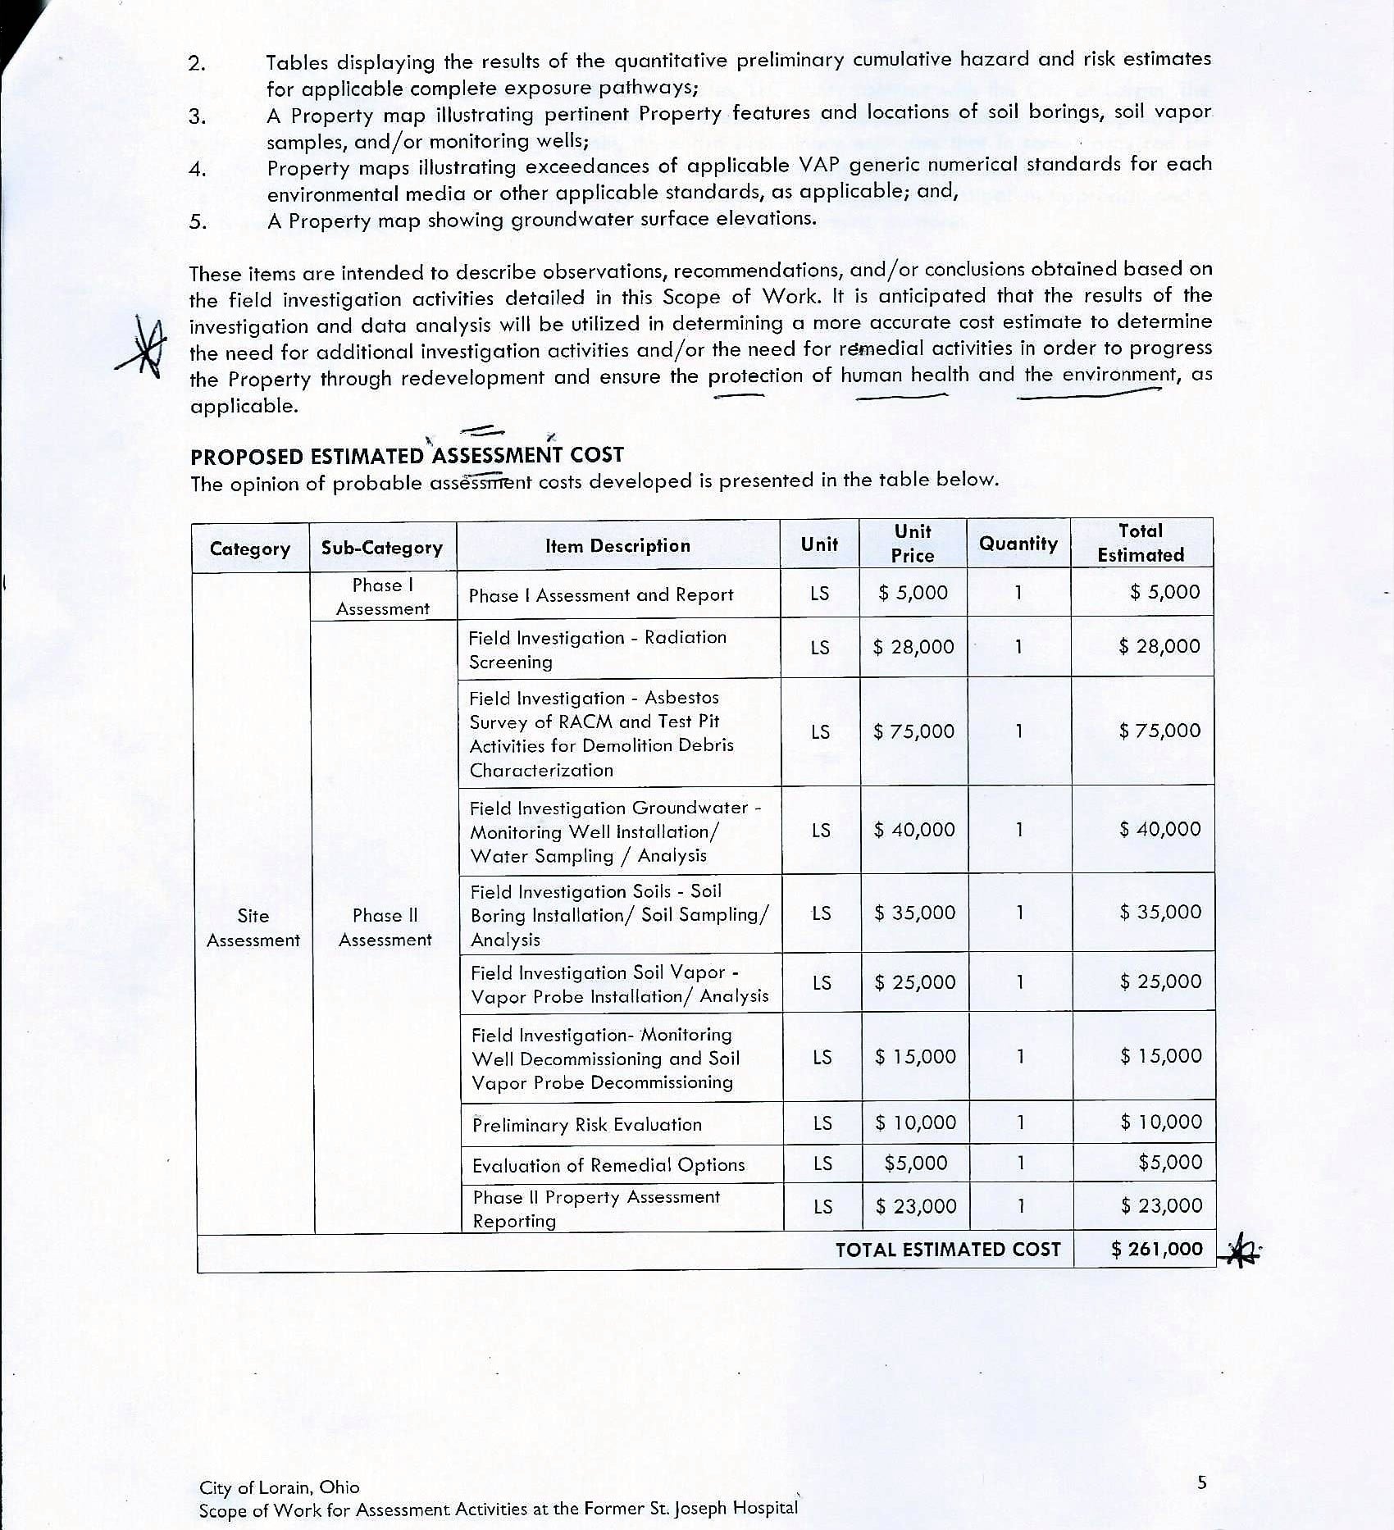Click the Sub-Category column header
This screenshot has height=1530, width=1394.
click(382, 548)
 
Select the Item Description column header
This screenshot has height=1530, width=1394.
click(617, 546)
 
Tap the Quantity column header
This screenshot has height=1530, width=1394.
click(1018, 544)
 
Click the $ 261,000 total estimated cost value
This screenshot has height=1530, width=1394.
click(1157, 1249)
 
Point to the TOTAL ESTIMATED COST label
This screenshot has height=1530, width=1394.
click(948, 1250)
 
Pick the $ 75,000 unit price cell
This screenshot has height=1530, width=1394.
click(913, 731)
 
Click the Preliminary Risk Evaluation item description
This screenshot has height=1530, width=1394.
click(587, 1124)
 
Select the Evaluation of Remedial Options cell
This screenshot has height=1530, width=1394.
click(608, 1164)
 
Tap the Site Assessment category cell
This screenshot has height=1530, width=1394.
click(253, 927)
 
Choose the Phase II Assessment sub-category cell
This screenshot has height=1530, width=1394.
click(385, 927)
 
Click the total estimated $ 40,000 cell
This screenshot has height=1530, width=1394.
click(1159, 829)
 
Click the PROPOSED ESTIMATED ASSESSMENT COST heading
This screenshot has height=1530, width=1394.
click(407, 456)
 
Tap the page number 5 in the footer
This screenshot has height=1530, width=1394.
click(1202, 1482)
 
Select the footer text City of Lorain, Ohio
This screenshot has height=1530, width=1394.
click(279, 1487)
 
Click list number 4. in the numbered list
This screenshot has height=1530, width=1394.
click(198, 170)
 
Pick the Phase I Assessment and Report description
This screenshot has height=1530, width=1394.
click(601, 595)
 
